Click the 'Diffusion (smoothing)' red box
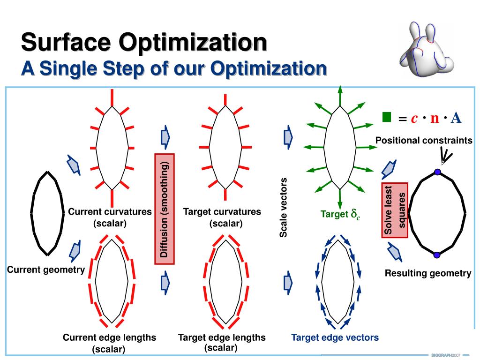click(x=165, y=208)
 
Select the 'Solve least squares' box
click(x=395, y=211)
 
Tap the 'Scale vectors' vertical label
click(x=283, y=208)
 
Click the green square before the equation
click(x=387, y=117)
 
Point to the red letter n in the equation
click(x=435, y=118)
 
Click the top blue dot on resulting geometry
click(x=437, y=172)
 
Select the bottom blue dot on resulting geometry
click(x=437, y=255)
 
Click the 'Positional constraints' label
click(x=424, y=141)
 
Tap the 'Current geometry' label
click(x=45, y=270)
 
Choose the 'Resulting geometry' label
click(x=428, y=273)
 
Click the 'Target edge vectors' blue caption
click(x=335, y=337)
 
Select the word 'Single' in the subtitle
click(x=70, y=68)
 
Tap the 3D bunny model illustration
click(x=426, y=49)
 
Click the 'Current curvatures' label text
click(x=110, y=212)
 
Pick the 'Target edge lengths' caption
click(x=222, y=337)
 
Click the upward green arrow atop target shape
click(x=340, y=94)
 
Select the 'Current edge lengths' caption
click(x=110, y=337)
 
